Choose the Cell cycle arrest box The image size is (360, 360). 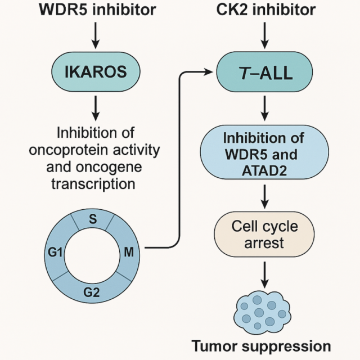coord(264,235)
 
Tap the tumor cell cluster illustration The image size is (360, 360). coord(262,310)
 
